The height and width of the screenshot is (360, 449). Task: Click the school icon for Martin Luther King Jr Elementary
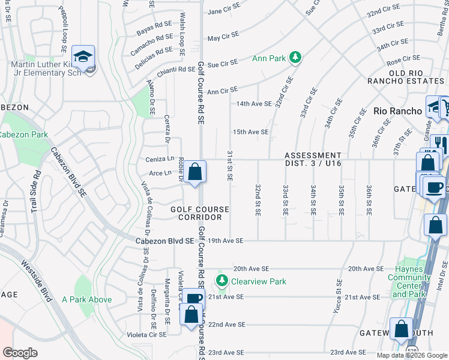click(x=83, y=56)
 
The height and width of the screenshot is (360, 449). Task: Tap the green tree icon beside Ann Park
click(x=295, y=58)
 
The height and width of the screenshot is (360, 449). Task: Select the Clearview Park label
click(x=259, y=281)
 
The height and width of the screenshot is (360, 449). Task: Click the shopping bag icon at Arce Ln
click(x=194, y=173)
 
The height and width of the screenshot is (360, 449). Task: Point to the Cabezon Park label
click(x=23, y=135)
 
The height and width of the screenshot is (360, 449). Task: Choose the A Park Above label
click(x=86, y=299)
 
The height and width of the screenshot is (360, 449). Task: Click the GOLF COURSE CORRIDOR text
click(x=200, y=213)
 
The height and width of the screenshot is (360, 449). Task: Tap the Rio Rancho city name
click(x=398, y=111)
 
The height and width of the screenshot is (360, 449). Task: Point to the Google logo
click(x=20, y=353)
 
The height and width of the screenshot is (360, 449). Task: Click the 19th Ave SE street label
click(x=225, y=241)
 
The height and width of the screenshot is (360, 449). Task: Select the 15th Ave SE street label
click(x=250, y=132)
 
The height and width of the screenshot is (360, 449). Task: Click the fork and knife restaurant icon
click(x=439, y=143)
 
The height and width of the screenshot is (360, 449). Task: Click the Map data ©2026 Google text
click(x=412, y=355)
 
